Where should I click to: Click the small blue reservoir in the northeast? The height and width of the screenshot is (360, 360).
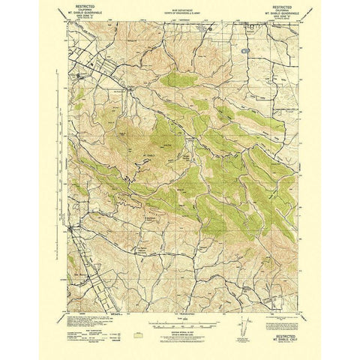coord(245,52)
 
